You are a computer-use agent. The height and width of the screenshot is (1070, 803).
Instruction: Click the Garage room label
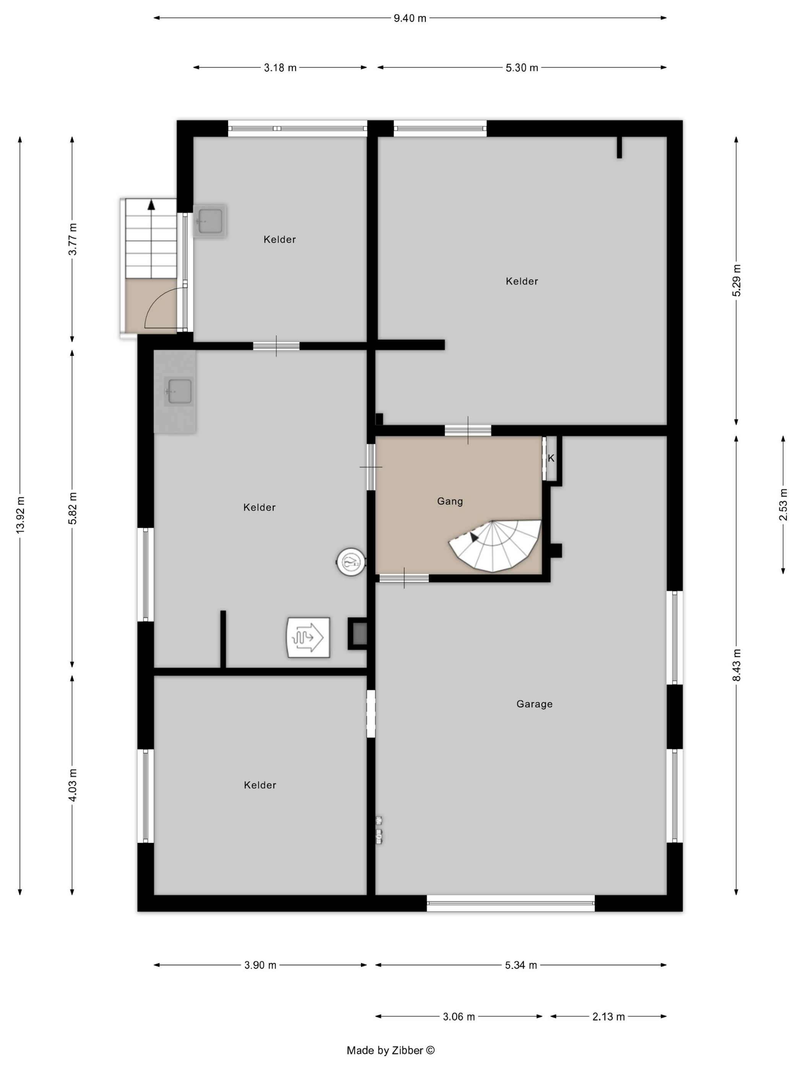pyautogui.click(x=534, y=704)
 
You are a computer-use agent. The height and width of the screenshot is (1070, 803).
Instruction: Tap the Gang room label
pyautogui.click(x=450, y=501)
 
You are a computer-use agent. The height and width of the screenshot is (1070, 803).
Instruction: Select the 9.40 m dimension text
pyautogui.click(x=410, y=18)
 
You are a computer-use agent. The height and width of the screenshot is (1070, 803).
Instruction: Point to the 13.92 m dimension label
pyautogui.click(x=20, y=515)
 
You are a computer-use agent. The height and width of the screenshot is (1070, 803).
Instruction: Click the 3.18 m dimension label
pyautogui.click(x=280, y=68)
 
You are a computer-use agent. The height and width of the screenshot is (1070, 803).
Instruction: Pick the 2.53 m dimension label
pyautogui.click(x=783, y=504)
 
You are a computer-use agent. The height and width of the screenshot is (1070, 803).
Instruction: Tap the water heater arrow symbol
pyautogui.click(x=308, y=637)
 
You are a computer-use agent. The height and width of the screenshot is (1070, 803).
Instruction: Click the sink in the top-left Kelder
pyautogui.click(x=210, y=220)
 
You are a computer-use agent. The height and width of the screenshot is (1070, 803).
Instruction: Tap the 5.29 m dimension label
pyautogui.click(x=736, y=280)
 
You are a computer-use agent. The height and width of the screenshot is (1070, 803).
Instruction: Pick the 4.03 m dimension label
pyautogui.click(x=72, y=785)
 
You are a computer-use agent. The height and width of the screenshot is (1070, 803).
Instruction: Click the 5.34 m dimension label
pyautogui.click(x=521, y=965)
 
